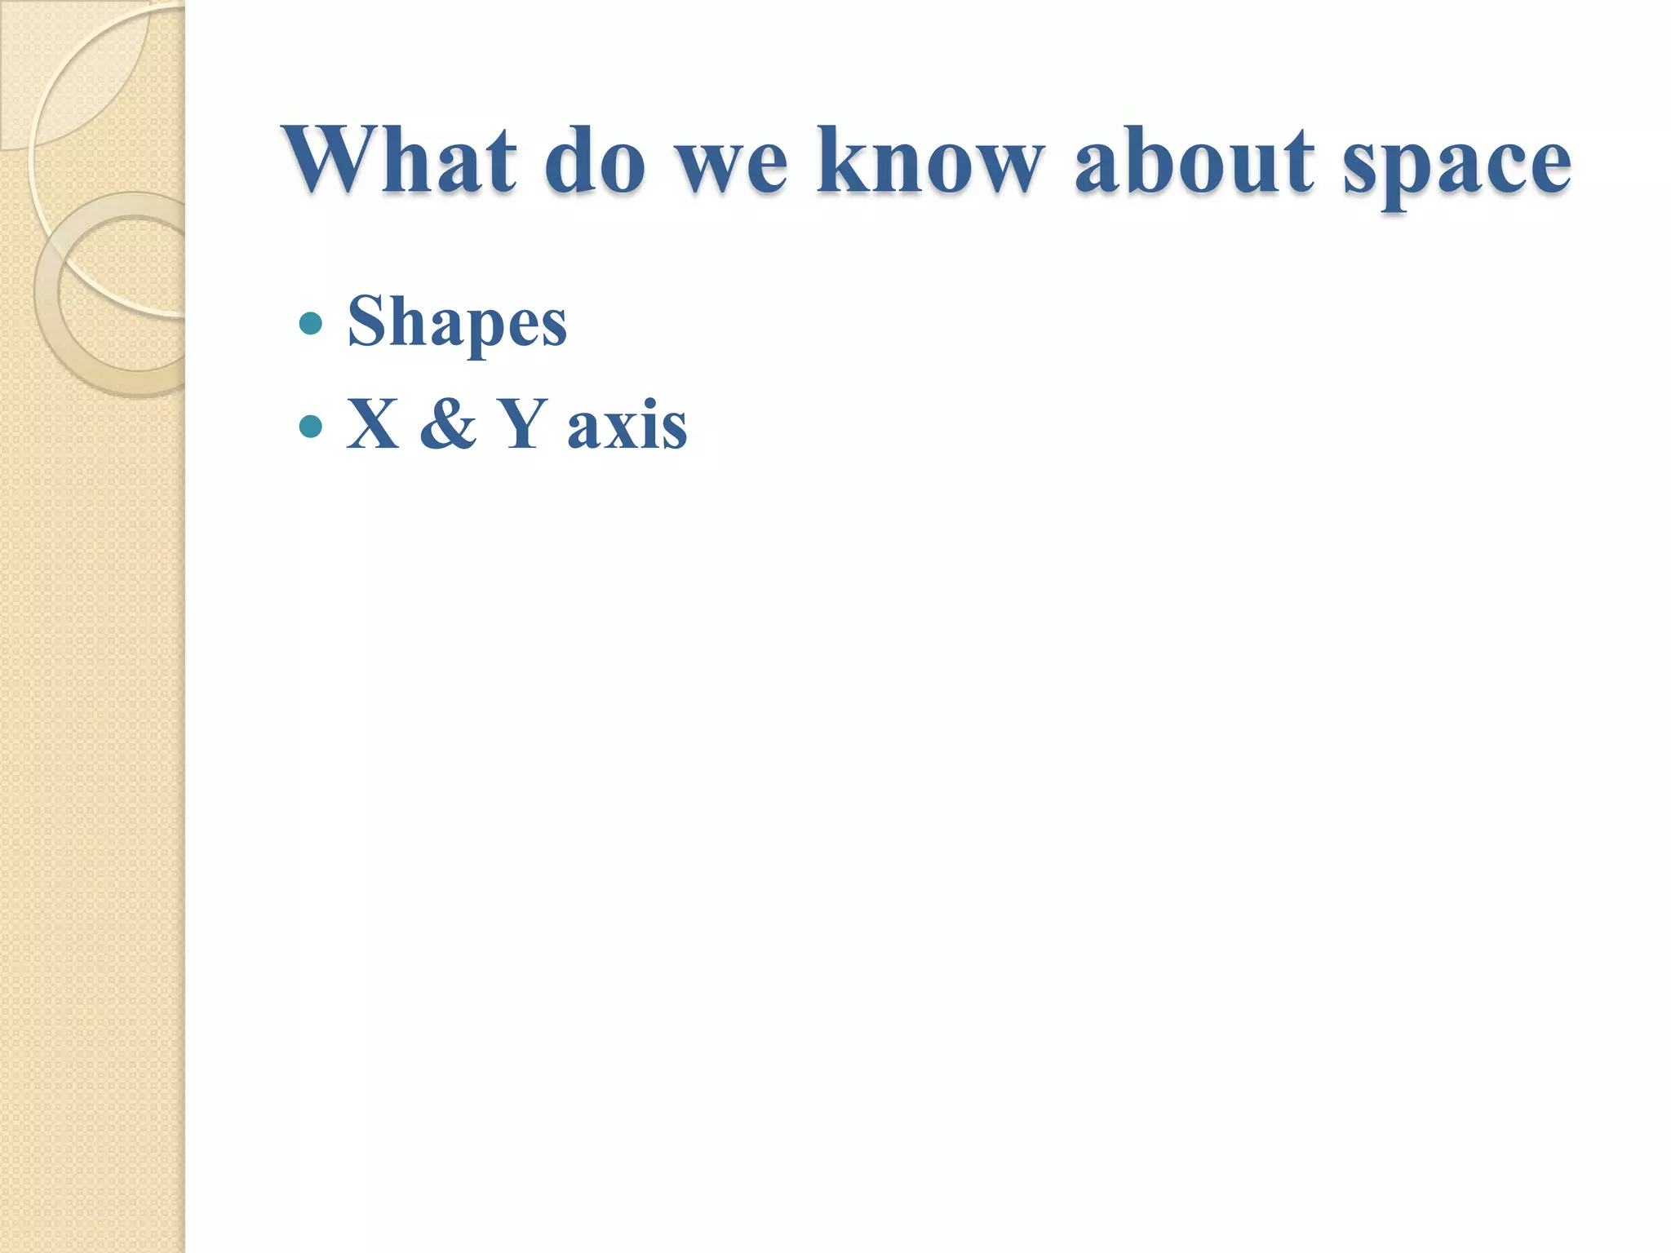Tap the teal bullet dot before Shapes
point(311,324)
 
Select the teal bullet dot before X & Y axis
point(311,426)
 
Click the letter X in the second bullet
point(373,425)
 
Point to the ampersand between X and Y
point(447,425)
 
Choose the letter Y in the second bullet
point(522,425)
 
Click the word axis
point(627,427)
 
